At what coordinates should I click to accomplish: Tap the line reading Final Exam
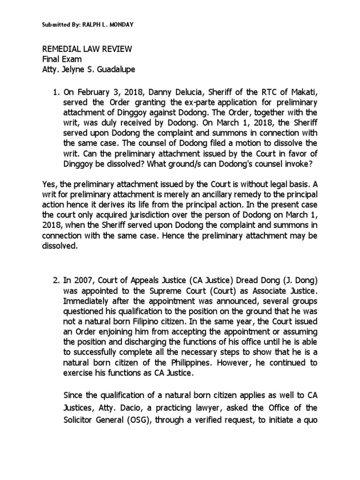pyautogui.click(x=62, y=59)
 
